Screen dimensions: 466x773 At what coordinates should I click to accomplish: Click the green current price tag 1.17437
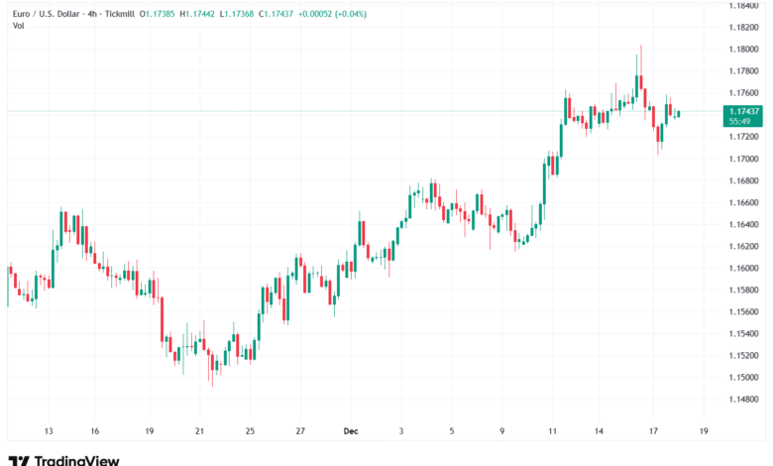[x=743, y=111]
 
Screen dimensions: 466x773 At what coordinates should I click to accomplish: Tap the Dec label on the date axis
[x=350, y=432]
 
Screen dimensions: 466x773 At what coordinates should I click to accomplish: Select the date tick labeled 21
[x=199, y=432]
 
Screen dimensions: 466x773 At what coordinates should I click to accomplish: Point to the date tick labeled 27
[x=299, y=432]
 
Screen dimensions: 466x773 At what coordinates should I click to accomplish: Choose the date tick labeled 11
[x=552, y=432]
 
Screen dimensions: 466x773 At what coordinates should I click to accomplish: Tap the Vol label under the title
[x=19, y=25]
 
